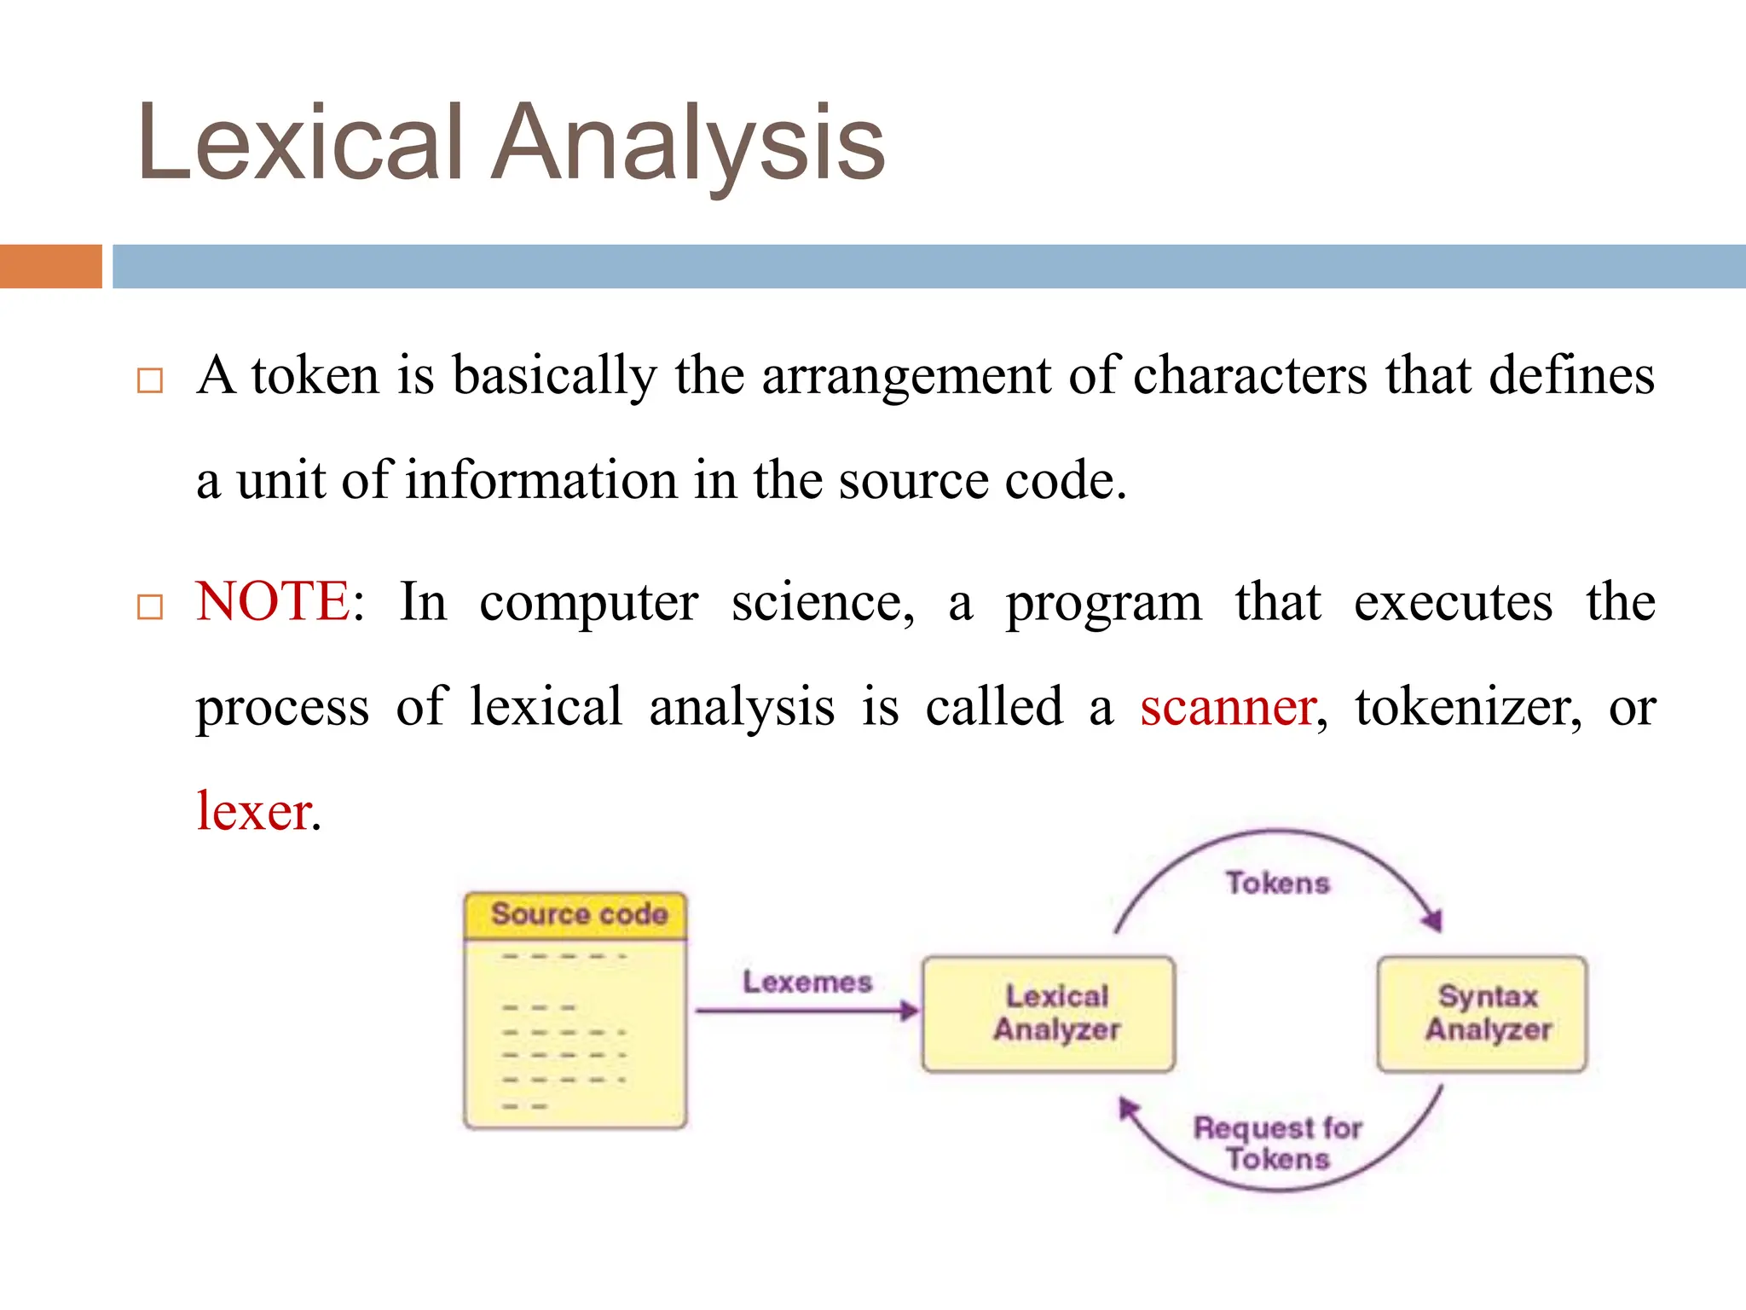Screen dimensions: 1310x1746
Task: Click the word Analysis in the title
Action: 689,143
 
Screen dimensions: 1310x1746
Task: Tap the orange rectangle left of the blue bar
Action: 50,266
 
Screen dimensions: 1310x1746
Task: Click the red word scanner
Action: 1229,708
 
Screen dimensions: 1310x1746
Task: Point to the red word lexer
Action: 253,812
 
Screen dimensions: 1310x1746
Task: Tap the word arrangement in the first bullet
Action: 905,377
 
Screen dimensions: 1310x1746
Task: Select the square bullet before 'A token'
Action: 150,380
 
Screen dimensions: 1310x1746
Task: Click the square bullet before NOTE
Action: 150,607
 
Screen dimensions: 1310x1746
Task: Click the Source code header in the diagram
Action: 577,915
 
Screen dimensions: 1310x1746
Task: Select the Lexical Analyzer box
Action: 1049,1013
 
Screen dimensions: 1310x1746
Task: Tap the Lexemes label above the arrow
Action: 807,982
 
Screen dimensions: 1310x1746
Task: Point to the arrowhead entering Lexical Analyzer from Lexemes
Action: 911,1011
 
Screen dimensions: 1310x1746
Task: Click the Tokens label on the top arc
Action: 1277,884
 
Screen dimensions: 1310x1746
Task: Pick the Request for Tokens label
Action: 1277,1143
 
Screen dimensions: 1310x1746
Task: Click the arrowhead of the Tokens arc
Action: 1433,920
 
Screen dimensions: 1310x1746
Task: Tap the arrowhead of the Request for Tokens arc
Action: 1129,1108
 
